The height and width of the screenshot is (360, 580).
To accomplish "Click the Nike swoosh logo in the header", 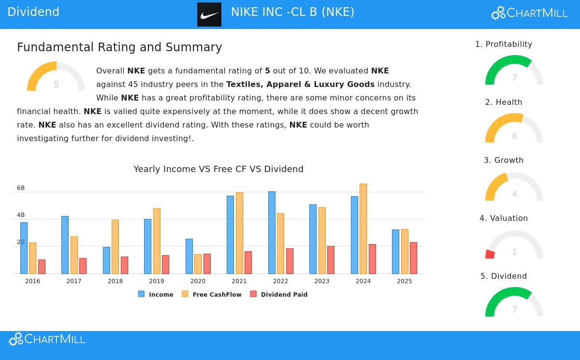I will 209,14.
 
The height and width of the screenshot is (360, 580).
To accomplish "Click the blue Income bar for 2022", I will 272,232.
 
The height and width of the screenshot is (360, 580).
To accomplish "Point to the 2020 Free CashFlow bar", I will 198,264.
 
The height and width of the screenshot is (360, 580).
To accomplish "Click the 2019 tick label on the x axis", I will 157,281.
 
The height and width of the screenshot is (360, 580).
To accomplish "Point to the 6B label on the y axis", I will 21,188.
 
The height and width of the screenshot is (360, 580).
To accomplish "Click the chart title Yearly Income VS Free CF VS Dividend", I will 218,169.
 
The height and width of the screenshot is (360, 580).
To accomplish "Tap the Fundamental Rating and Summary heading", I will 119,47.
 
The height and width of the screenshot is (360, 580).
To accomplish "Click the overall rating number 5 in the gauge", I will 57,85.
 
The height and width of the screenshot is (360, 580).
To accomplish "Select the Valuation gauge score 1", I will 515,252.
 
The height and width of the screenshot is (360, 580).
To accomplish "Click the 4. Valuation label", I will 504,218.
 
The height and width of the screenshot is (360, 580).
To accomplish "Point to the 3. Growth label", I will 504,160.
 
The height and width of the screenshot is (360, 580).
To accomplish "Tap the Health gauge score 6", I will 515,136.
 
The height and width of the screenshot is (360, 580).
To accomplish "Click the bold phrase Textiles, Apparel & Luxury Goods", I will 300,84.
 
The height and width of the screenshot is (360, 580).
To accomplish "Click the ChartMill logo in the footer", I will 47,339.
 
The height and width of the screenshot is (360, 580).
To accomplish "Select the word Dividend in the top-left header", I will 33,12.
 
